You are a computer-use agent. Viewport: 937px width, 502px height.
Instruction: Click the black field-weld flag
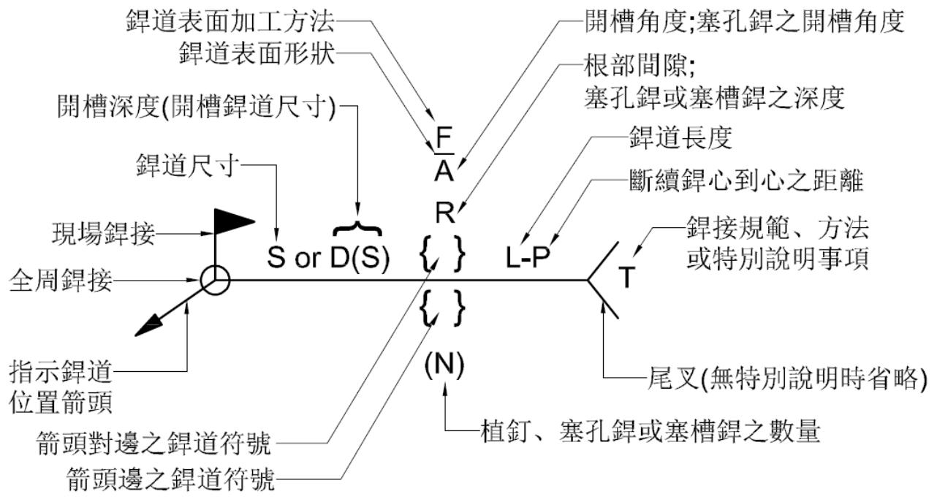pyautogui.click(x=231, y=221)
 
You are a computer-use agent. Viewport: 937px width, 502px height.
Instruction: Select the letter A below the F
pyautogui.click(x=444, y=171)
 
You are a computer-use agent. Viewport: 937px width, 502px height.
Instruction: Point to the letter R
pyautogui.click(x=445, y=213)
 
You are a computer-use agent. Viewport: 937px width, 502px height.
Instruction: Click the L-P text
pyautogui.click(x=528, y=257)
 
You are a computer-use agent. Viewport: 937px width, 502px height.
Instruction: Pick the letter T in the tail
pyautogui.click(x=626, y=277)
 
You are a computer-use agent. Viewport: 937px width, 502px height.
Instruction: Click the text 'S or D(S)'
pyautogui.click(x=328, y=257)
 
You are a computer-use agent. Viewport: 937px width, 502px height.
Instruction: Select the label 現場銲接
pyautogui.click(x=104, y=233)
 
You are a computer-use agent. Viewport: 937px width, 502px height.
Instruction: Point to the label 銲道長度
pyautogui.click(x=681, y=137)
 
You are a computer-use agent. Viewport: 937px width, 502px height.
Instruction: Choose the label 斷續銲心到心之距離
pyautogui.click(x=747, y=180)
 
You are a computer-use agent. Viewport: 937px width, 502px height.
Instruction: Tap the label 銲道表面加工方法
pyautogui.click(x=230, y=21)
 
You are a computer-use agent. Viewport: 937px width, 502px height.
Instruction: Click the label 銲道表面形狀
pyautogui.click(x=257, y=53)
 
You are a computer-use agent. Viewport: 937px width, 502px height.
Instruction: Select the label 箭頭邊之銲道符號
pyautogui.click(x=171, y=479)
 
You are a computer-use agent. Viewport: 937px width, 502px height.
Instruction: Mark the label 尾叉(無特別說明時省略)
pyautogui.click(x=787, y=379)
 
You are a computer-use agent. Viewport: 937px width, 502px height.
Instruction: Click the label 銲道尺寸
pyautogui.click(x=188, y=165)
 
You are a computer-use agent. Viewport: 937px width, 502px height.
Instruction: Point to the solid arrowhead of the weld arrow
pyautogui.click(x=149, y=325)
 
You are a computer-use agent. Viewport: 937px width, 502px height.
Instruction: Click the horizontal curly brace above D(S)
pyautogui.click(x=357, y=228)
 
